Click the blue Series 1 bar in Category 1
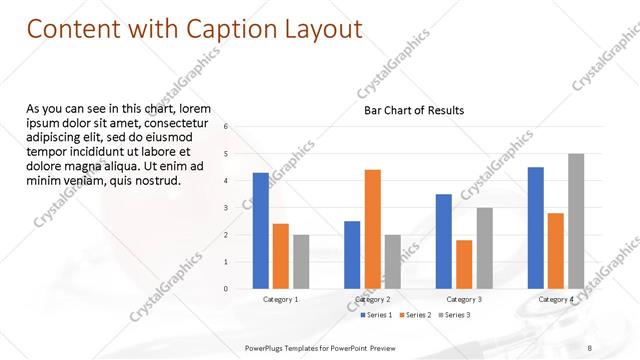click(x=261, y=231)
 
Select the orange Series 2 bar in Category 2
click(x=372, y=229)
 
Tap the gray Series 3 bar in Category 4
click(x=576, y=221)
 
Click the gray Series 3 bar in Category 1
click(x=301, y=262)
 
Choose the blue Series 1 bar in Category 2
click(x=352, y=255)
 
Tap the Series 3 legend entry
click(x=453, y=315)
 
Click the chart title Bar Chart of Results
click(x=414, y=110)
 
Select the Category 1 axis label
click(x=281, y=299)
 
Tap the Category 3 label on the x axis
click(x=464, y=299)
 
